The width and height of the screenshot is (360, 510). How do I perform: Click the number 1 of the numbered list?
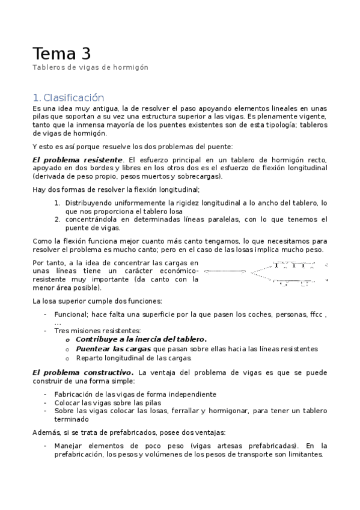point(57,203)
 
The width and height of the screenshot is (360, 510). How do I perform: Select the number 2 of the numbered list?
point(57,220)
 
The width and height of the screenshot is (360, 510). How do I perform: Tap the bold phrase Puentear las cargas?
point(113,349)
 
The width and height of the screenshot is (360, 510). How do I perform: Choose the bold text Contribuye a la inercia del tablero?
point(141,339)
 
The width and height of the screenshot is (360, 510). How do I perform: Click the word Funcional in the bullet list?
point(71,314)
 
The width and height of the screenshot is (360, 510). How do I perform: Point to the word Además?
point(46,432)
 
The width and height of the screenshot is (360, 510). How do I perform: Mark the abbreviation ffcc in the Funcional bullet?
point(316,314)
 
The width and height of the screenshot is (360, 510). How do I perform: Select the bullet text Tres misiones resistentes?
point(97,330)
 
